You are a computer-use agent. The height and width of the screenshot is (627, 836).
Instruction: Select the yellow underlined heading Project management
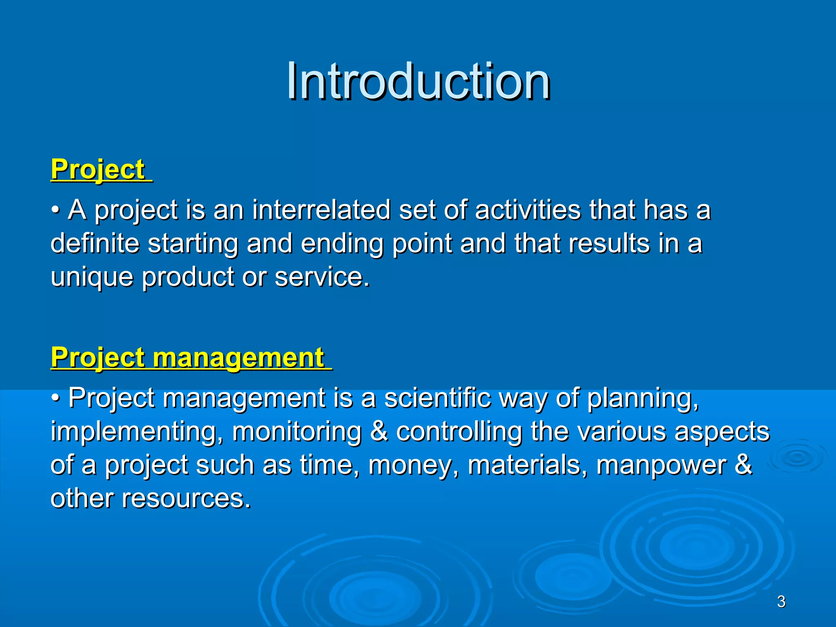click(188, 358)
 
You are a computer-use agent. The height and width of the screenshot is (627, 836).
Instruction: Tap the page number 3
click(781, 602)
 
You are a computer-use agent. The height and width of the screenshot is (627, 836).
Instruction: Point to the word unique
click(92, 278)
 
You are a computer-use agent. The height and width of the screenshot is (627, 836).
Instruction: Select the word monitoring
click(297, 432)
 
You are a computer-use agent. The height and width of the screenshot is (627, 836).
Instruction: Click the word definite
click(95, 243)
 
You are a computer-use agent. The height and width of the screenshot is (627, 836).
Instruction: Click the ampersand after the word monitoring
click(379, 432)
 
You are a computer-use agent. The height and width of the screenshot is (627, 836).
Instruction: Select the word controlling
click(459, 432)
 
